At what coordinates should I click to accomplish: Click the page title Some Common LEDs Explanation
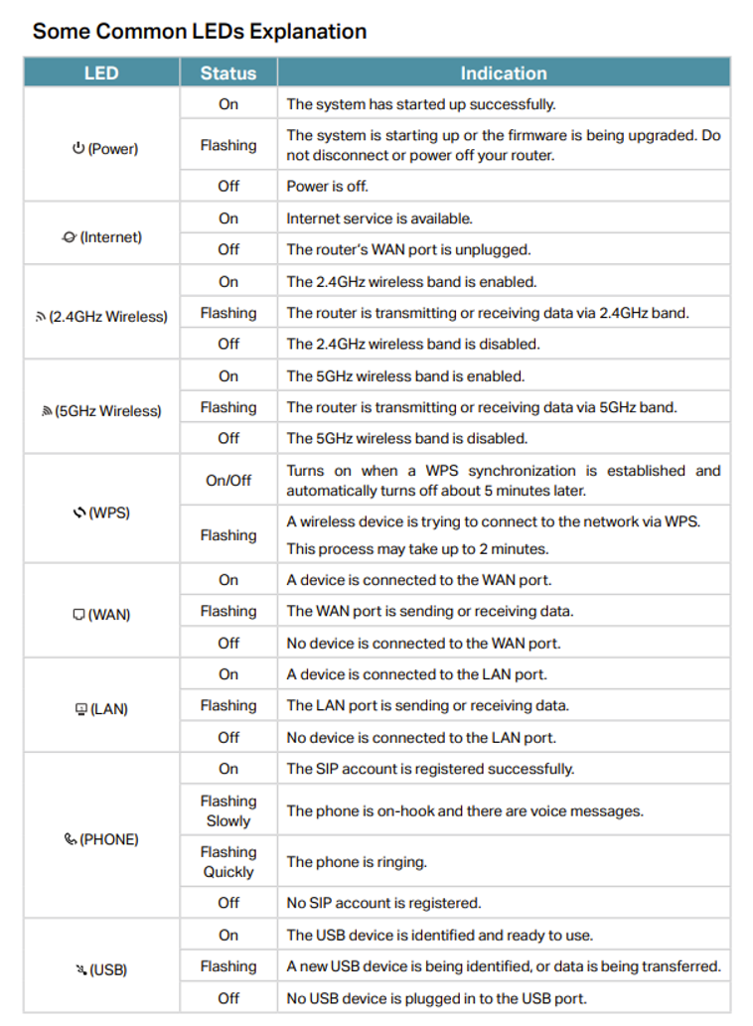pos(200,31)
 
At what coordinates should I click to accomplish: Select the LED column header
pos(101,73)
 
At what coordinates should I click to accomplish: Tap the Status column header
pos(227,73)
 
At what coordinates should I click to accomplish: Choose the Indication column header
pos(503,73)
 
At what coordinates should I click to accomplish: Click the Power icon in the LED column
pos(78,149)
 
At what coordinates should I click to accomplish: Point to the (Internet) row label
pos(110,237)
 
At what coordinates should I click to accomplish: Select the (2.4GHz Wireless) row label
pos(108,317)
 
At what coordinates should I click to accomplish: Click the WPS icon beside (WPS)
pos(79,513)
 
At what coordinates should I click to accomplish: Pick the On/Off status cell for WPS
pos(227,480)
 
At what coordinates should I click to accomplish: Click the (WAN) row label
pos(109,615)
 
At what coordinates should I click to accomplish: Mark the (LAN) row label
pos(109,709)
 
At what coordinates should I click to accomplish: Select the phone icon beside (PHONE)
pos(70,839)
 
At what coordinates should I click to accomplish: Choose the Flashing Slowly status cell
pos(227,810)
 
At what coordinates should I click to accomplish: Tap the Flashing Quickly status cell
pos(227,861)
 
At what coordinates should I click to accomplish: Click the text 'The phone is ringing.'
pos(357,862)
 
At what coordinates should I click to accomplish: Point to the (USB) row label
pos(108,969)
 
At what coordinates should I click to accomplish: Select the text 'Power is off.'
pos(327,186)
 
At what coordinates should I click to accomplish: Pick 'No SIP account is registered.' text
pos(383,903)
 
